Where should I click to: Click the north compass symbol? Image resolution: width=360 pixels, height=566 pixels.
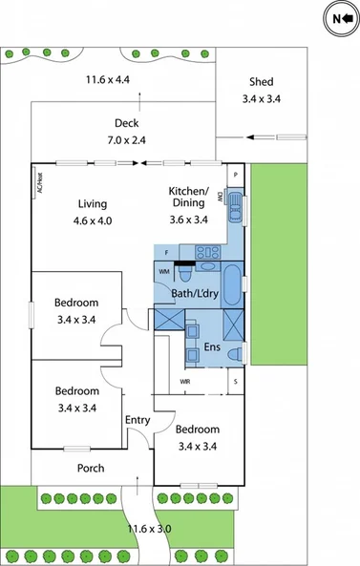tap(338, 17)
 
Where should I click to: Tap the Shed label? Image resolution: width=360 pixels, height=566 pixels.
tap(261, 82)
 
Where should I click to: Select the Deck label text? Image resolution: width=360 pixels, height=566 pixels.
tap(127, 123)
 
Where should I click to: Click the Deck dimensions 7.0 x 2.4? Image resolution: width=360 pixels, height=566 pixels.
tap(127, 139)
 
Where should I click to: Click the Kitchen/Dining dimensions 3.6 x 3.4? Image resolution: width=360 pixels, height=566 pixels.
tap(188, 219)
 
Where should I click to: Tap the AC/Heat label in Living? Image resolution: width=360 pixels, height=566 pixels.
tap(39, 182)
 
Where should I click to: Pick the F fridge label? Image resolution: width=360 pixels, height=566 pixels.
tap(166, 253)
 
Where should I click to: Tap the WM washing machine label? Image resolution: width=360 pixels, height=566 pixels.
tap(163, 272)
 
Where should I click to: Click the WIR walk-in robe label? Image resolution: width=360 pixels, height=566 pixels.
tap(186, 382)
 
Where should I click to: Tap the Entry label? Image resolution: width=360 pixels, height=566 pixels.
tap(138, 420)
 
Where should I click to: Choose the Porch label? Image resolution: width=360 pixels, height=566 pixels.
tap(91, 468)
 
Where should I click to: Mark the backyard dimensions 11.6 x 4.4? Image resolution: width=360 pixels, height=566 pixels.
tap(111, 79)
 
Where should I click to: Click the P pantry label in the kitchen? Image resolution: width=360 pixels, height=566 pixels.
tap(235, 175)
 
